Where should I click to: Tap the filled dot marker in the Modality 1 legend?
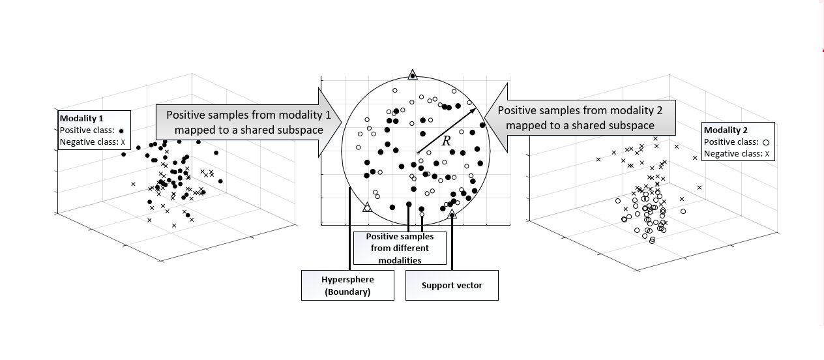[x=121, y=131]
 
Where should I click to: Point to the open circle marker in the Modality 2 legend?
[x=766, y=142]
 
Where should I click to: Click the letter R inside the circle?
[x=446, y=140]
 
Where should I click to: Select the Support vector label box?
[x=452, y=286]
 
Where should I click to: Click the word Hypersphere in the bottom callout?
[x=347, y=280]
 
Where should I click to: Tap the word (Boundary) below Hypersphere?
[x=347, y=292]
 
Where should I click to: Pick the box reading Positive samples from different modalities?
[x=400, y=248]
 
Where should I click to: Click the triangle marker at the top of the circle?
[x=412, y=75]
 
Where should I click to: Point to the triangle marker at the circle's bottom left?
[x=367, y=207]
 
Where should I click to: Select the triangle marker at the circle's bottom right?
[x=452, y=213]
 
